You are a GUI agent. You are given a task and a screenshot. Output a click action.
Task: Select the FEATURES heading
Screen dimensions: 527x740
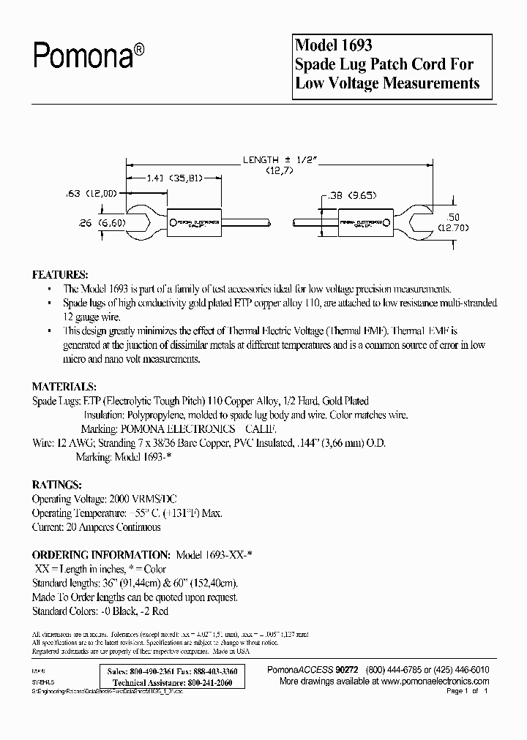coord(60,274)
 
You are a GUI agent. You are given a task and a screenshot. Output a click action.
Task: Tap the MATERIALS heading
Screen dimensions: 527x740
coord(64,385)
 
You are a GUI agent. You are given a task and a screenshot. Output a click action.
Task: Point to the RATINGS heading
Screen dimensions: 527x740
coord(56,484)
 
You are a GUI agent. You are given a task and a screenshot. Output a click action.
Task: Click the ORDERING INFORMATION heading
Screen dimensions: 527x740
coord(100,554)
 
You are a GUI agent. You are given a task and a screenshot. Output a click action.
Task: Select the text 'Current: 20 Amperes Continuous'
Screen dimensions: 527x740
coord(96,526)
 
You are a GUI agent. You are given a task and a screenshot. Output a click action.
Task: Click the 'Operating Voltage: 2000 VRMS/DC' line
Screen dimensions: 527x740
coord(100,499)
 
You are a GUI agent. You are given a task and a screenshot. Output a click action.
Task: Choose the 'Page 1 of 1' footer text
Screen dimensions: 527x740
coord(466,691)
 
